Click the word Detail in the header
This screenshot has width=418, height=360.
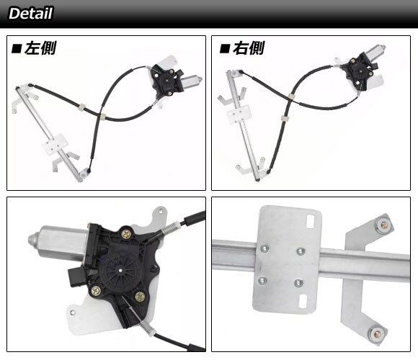click(x=31, y=13)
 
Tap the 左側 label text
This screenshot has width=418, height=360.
click(x=40, y=48)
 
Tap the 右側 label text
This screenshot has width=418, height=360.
click(x=249, y=48)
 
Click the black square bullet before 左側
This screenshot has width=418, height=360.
click(x=17, y=49)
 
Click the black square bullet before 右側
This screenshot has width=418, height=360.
click(x=225, y=49)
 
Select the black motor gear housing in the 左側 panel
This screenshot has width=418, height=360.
click(x=166, y=80)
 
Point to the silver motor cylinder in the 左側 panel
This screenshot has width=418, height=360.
click(x=192, y=81)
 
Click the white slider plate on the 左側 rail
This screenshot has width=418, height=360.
click(x=55, y=144)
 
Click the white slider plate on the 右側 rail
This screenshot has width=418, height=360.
click(x=239, y=114)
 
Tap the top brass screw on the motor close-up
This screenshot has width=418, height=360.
click(x=126, y=234)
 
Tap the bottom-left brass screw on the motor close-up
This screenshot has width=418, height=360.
click(x=96, y=291)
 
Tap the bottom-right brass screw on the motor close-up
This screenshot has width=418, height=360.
click(x=140, y=297)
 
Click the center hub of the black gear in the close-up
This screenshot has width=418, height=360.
click(x=121, y=271)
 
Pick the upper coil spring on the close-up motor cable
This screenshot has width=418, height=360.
click(x=170, y=228)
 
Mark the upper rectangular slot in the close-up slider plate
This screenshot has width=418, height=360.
click(x=311, y=222)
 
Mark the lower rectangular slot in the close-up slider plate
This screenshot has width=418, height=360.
click(x=303, y=301)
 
